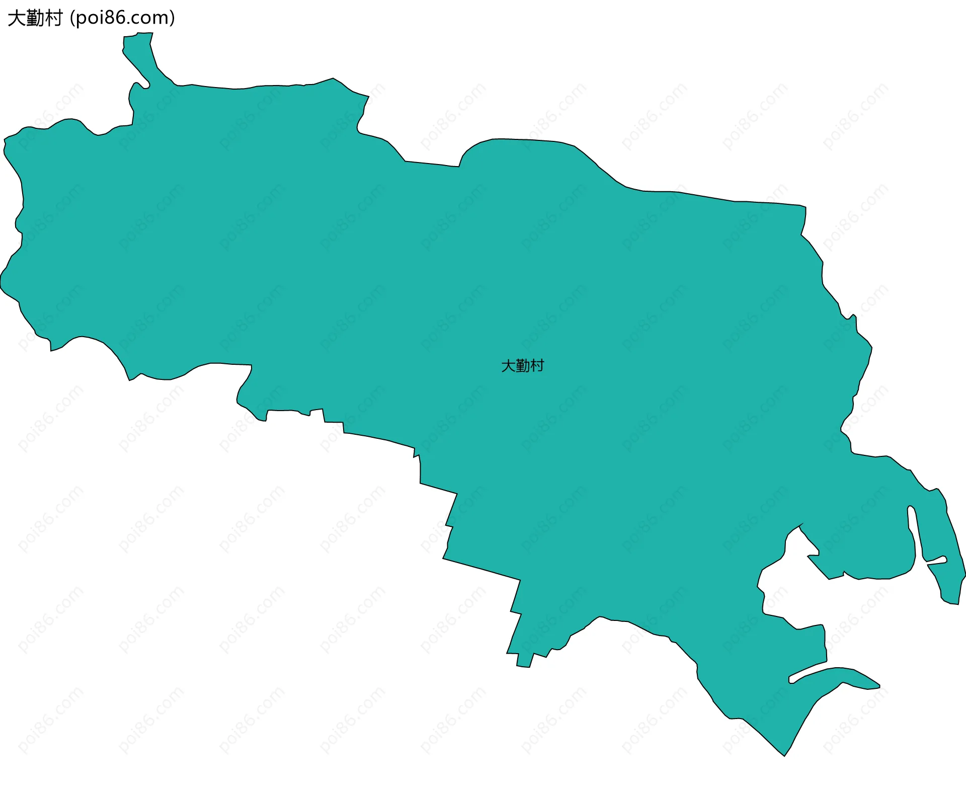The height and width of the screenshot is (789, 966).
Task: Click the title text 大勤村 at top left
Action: pyautogui.click(x=35, y=18)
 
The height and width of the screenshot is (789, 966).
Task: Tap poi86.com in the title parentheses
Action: pyautogui.click(x=122, y=18)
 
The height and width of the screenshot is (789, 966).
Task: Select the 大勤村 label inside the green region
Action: pyautogui.click(x=523, y=366)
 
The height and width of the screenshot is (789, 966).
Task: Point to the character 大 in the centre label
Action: pyautogui.click(x=508, y=366)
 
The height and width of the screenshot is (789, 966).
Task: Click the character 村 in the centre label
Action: pyautogui.click(x=537, y=366)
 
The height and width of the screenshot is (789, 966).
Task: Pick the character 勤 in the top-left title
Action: pyautogui.click(x=35, y=18)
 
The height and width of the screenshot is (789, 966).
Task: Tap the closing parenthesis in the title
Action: pyautogui.click(x=173, y=18)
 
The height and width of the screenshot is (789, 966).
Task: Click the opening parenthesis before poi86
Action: pyautogui.click(x=72, y=18)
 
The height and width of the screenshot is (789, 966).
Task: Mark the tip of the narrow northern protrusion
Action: pyautogui.click(x=138, y=35)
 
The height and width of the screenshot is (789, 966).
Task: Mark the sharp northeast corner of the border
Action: pyautogui.click(x=804, y=207)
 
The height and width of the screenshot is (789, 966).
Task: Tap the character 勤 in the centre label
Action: pyautogui.click(x=523, y=366)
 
